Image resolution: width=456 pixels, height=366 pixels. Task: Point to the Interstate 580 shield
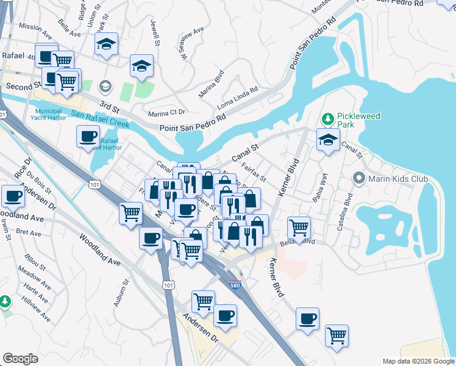click(x=235, y=284)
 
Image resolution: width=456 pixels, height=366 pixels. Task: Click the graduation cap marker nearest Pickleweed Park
click(x=328, y=140)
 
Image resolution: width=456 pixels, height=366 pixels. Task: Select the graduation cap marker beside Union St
click(x=106, y=45)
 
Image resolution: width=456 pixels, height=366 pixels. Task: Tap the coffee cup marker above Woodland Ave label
click(x=13, y=196)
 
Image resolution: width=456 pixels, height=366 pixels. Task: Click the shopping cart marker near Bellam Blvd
click(x=298, y=228)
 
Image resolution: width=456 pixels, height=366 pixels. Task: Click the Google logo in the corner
click(x=20, y=359)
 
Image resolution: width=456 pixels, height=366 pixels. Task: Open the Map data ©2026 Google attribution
click(x=418, y=361)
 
